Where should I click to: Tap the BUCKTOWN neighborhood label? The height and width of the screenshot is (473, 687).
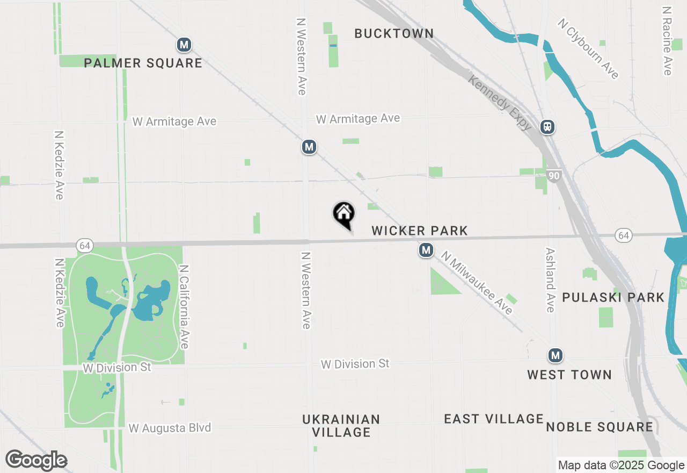coord(394,33)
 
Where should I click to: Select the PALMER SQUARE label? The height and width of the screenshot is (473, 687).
coord(143,63)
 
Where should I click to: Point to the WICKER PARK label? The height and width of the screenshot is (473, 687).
coord(420,231)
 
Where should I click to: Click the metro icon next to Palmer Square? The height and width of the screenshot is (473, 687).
coord(184,45)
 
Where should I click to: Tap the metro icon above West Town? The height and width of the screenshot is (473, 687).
coord(556,355)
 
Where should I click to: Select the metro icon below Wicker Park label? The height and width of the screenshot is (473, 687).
coord(426,250)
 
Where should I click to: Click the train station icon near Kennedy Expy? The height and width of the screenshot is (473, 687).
coord(547,127)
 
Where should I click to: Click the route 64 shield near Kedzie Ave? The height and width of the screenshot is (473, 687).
coord(85,245)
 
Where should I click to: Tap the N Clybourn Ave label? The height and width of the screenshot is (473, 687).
coord(588,49)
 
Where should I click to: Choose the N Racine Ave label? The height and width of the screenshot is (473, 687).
coord(667,41)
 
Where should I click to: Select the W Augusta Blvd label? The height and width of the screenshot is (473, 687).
coord(170,428)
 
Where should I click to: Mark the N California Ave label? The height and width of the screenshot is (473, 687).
coord(184,307)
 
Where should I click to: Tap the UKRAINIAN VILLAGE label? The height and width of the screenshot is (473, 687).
coord(341,425)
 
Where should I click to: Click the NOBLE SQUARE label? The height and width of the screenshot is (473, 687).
coord(600,427)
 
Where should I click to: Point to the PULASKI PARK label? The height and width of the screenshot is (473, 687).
coord(613,297)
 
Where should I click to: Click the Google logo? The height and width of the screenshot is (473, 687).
coord(36,461)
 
